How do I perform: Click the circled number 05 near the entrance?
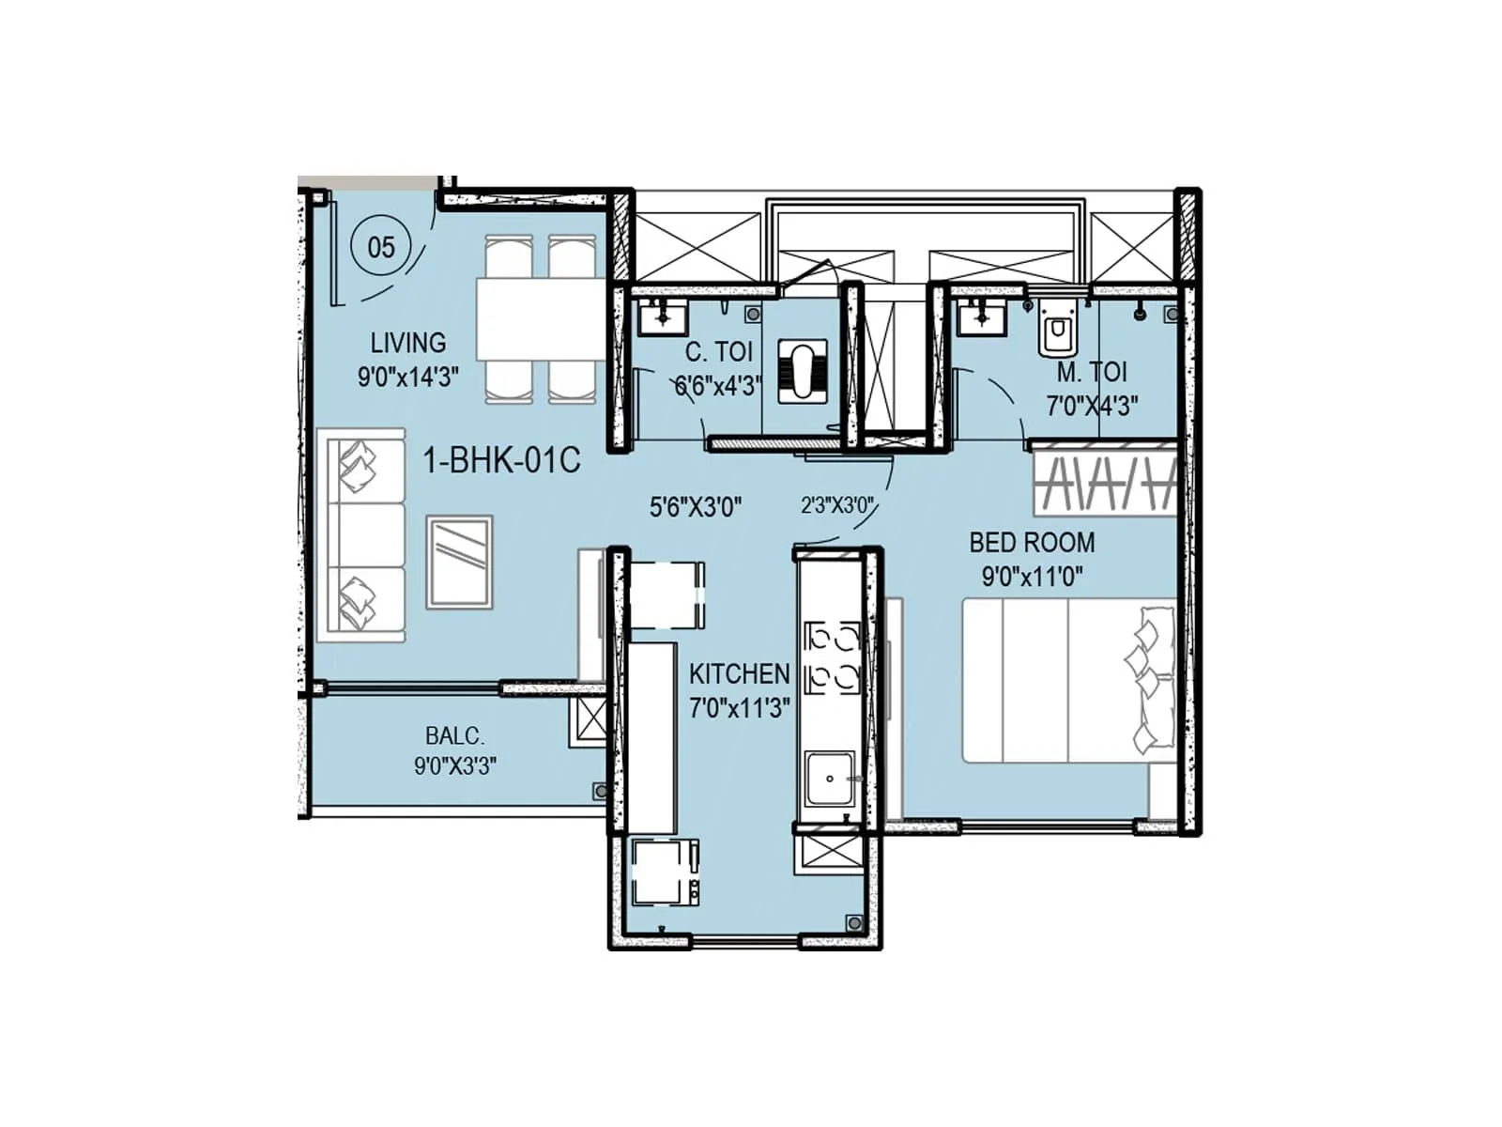[x=380, y=248]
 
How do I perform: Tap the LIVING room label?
[x=407, y=343]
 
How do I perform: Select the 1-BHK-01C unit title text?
[x=502, y=461]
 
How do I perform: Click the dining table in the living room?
[x=539, y=319]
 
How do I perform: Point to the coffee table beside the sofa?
[x=459, y=562]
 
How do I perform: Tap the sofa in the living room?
[x=360, y=535]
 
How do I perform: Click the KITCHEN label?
[x=739, y=673]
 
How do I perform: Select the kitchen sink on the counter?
[x=829, y=780]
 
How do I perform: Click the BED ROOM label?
[x=1032, y=543]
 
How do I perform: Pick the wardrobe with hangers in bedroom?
[x=1105, y=483]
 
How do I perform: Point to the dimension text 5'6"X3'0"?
[x=696, y=508]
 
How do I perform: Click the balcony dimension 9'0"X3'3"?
[x=454, y=766]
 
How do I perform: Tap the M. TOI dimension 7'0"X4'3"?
[x=1092, y=406]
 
